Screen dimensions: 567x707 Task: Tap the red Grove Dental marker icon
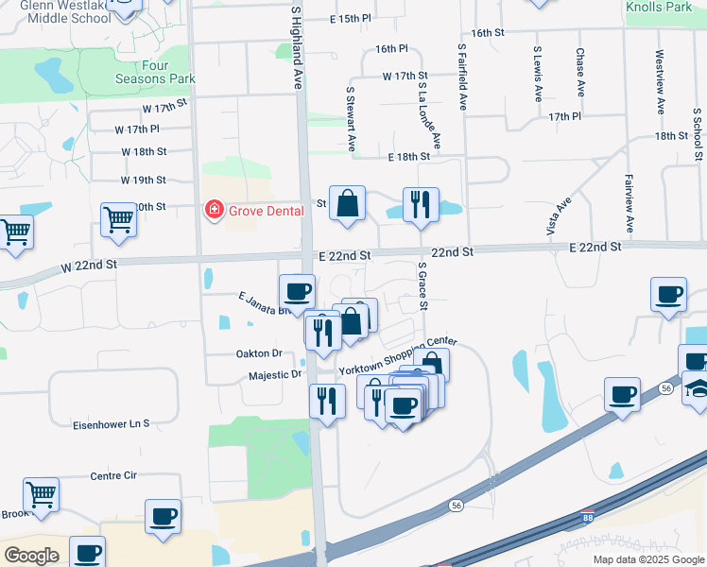point(215,210)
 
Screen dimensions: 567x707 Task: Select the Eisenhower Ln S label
point(112,425)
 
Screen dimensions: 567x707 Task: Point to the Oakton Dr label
point(259,352)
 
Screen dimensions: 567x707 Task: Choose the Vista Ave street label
point(560,217)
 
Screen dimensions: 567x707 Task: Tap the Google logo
point(32,555)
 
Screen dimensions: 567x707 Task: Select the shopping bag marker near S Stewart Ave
point(348,202)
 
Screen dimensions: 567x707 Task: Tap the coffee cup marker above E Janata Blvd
point(297,292)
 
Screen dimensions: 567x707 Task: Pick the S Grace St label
point(422,288)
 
